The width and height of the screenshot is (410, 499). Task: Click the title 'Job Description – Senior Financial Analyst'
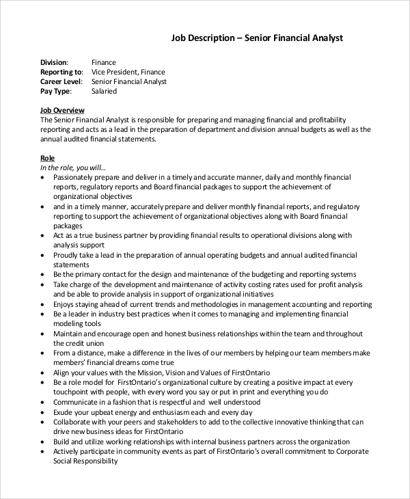pos(257,38)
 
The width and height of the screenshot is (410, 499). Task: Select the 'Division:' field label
pos(55,62)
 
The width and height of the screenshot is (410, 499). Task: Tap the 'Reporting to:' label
pos(61,72)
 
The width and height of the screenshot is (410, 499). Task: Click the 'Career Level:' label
pos(61,81)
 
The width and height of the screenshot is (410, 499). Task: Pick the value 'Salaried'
pos(104,91)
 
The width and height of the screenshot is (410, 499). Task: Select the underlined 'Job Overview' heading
pos(62,110)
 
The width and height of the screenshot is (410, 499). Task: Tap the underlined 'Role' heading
pos(47,158)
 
